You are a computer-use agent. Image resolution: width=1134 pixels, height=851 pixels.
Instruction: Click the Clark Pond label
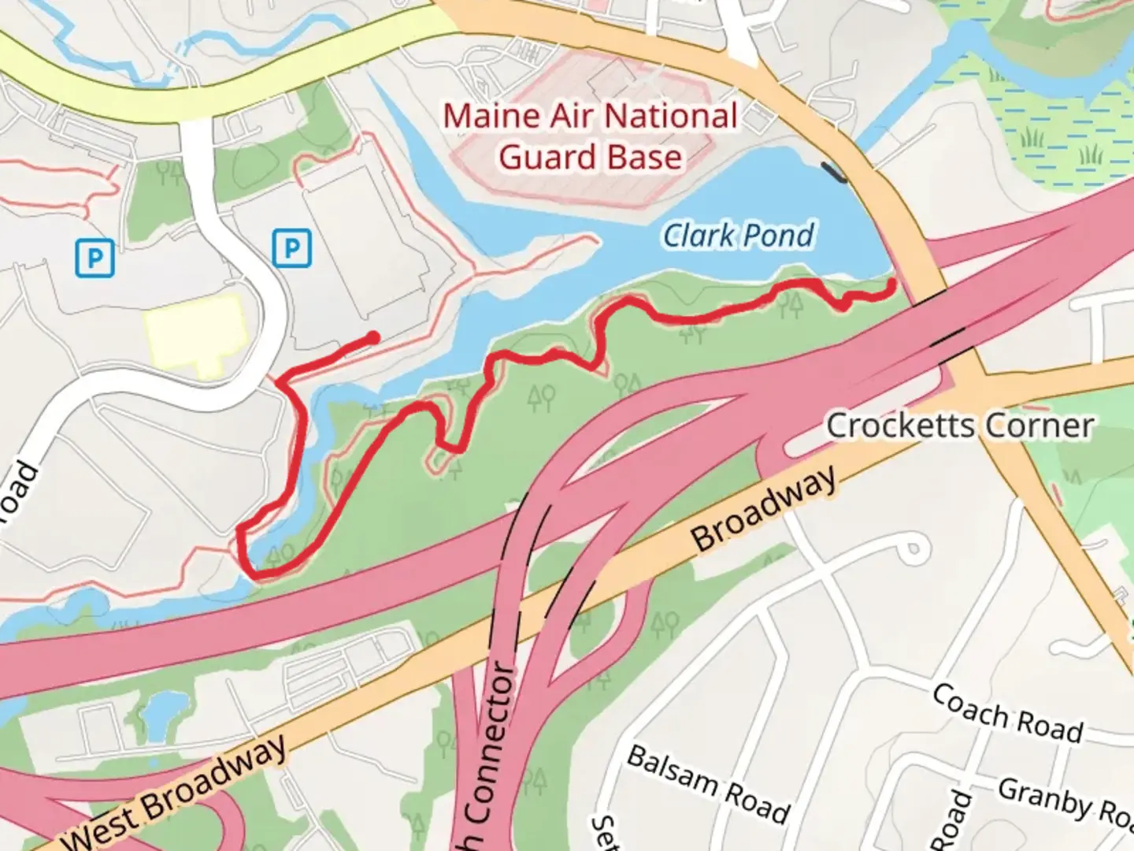[x=738, y=235]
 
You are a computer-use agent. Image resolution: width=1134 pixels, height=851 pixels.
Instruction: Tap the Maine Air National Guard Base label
[x=590, y=137]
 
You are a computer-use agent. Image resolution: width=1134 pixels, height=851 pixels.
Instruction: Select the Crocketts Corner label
[x=959, y=426]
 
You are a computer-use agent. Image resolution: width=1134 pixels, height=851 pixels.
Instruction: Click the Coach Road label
[x=1007, y=714]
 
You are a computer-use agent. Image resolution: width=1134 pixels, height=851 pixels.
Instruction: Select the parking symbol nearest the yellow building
[x=291, y=248]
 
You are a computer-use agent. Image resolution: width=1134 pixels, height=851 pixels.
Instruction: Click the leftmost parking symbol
[x=94, y=258]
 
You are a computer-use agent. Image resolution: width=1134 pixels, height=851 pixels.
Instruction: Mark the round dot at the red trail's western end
[x=373, y=338]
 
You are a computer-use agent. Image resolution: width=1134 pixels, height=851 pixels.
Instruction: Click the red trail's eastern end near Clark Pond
[x=892, y=283]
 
